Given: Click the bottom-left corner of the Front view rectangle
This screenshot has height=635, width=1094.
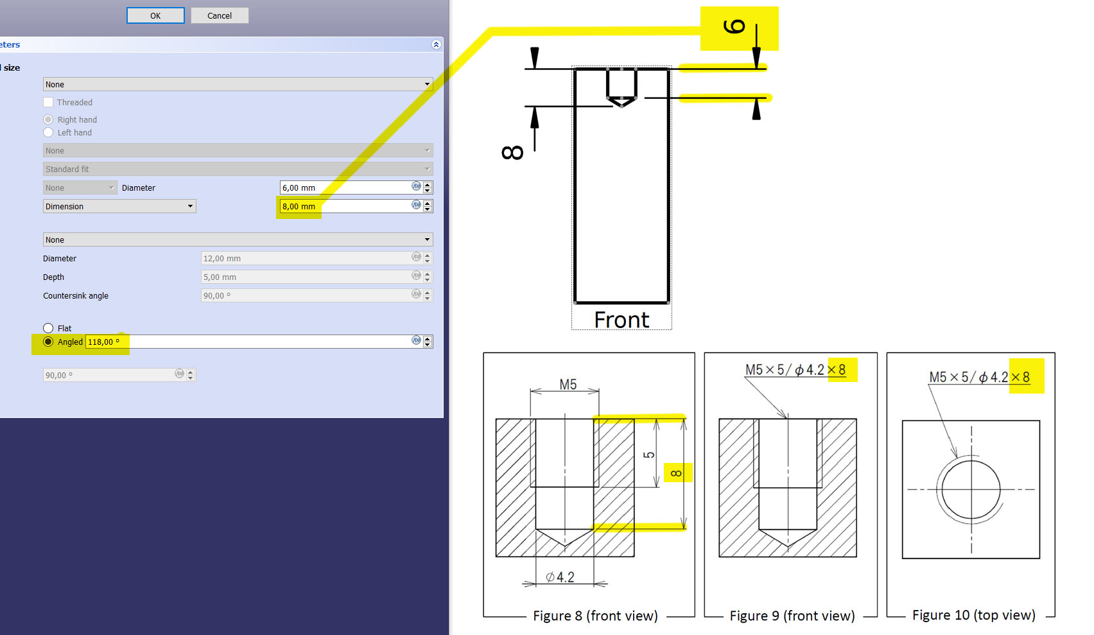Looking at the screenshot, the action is pos(575,302).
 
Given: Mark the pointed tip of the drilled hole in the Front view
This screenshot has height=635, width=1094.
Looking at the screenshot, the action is pos(621,105).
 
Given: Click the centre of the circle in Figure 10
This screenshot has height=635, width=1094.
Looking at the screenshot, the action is pos(971,489).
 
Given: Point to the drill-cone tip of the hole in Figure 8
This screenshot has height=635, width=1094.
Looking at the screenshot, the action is pos(565,544).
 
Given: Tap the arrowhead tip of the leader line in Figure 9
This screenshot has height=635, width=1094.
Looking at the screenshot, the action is pos(787,418).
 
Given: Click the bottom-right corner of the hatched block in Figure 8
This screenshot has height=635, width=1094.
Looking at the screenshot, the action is pos(634,557).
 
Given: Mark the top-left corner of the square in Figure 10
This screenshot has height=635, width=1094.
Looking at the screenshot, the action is pos(903,421).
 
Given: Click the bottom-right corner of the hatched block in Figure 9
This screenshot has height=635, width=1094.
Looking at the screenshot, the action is pos(856,557).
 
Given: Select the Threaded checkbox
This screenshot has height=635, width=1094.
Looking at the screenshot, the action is pos(48,102).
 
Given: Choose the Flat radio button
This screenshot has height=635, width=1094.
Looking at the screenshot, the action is pos(48,328).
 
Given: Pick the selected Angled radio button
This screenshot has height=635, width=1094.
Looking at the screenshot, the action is pos(48,342).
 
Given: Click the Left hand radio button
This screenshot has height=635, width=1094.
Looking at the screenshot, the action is pos(48,132).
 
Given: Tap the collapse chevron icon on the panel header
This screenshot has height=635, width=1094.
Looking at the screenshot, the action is pos(436,44).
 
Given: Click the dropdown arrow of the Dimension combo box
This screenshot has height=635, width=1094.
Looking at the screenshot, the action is pos(190,206).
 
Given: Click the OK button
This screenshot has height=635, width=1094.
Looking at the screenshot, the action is pos(155,15).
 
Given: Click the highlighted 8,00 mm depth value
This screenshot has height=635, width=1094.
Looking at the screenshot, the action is pos(299,207).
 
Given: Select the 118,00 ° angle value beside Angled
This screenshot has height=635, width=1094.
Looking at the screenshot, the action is pos(103,342).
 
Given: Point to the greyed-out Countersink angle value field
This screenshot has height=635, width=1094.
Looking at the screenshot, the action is pos(317,295).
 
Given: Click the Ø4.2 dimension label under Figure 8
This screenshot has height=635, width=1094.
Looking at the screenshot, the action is pos(560,577).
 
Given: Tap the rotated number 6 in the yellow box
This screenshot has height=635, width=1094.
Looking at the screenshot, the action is pos(734,26).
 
